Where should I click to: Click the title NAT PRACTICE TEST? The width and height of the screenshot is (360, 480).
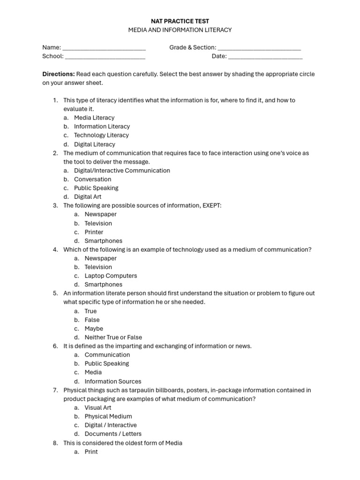pos(180,21)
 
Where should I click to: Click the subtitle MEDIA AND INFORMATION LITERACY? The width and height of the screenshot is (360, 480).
pos(180,30)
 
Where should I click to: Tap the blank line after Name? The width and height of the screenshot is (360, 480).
pos(104,48)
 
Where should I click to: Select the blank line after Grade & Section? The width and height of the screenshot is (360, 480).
pos(259,48)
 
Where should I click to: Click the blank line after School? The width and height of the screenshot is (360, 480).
pos(105,57)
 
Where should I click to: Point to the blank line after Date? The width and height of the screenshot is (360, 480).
pos(265,57)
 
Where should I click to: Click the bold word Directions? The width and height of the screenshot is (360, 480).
pos(59,74)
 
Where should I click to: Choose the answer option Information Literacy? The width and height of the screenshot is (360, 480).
pos(102,127)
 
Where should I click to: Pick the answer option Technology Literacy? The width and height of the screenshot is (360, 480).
pos(101,135)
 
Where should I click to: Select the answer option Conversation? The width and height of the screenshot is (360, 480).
pos(92,180)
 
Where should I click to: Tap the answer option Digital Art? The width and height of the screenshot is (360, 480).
pos(88,197)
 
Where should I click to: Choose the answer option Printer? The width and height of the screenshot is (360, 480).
pos(94,232)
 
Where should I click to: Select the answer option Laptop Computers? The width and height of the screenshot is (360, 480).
pos(111,276)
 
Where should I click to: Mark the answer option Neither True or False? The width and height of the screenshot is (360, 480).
pos(113,337)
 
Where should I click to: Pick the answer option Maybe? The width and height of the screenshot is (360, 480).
pos(94,329)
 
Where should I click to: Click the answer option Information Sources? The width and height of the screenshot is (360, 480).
pos(112,382)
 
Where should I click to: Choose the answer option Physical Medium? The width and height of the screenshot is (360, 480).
pos(108,417)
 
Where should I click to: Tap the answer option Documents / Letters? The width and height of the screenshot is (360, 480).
pos(113,434)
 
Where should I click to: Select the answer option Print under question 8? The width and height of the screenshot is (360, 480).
pos(91,452)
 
